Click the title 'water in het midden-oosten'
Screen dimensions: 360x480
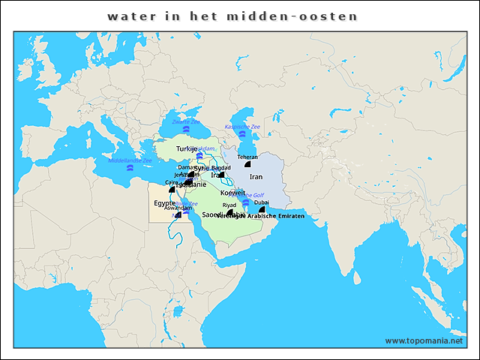click(x=232, y=16)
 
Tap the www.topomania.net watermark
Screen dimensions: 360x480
click(x=425, y=340)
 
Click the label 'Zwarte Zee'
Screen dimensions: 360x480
click(x=186, y=121)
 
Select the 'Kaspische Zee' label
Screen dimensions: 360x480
click(x=242, y=127)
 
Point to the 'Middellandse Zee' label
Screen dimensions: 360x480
click(x=130, y=160)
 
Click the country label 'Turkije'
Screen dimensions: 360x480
click(x=186, y=149)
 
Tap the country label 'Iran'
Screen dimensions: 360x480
click(x=256, y=177)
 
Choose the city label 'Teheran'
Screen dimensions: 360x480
click(x=247, y=157)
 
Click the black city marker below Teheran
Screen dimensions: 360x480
click(x=247, y=164)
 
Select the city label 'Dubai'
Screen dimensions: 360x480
click(x=262, y=202)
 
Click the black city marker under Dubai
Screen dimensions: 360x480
click(x=262, y=209)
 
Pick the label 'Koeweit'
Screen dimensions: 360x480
click(x=233, y=193)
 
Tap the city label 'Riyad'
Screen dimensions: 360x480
click(x=229, y=205)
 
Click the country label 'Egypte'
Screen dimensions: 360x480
click(x=164, y=203)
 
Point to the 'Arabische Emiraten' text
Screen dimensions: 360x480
click(x=276, y=216)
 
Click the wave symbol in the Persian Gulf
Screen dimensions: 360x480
click(x=245, y=202)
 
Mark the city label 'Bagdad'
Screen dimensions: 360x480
click(x=221, y=168)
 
